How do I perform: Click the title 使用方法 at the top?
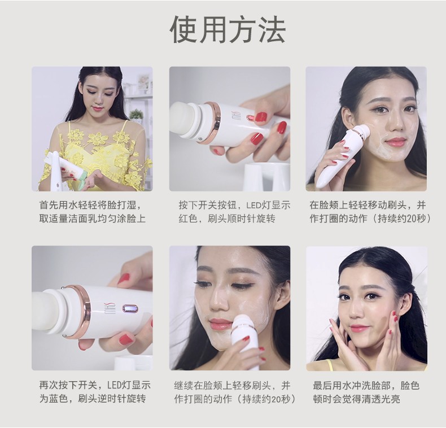click(228, 29)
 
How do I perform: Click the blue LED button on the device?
click(130, 308)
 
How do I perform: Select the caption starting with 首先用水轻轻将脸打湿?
click(93, 212)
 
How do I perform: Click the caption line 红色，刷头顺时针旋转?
click(227, 219)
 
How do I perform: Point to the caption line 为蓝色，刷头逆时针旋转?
click(93, 399)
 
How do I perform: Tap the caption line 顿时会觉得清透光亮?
click(356, 399)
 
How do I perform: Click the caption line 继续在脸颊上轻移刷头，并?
click(232, 385)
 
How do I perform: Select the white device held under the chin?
click(245, 342)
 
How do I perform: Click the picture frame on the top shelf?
click(144, 82)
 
